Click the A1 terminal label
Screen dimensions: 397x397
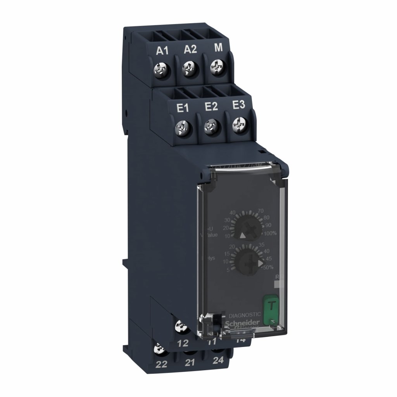pos(162,51)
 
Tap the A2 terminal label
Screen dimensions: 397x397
pos(190,49)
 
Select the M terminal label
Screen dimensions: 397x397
pos(219,48)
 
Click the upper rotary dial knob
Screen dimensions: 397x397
pos(250,227)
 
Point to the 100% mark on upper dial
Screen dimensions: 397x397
pos(270,233)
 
